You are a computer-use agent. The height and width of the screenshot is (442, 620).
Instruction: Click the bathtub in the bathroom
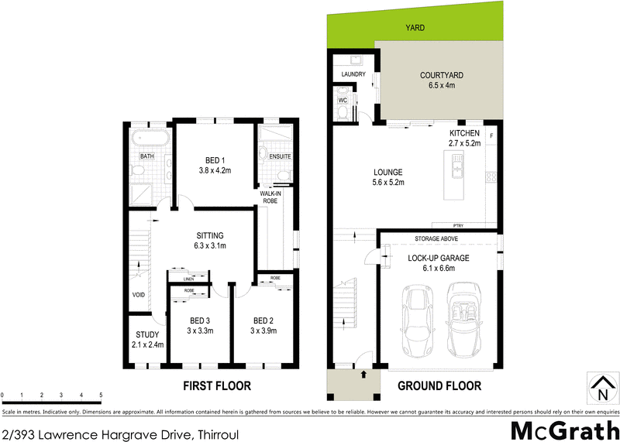coord(148,139)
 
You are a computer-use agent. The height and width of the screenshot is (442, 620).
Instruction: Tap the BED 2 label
coord(263,320)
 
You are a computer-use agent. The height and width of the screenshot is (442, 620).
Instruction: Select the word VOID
coord(139,295)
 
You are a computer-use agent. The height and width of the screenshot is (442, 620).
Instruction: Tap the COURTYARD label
coord(442,75)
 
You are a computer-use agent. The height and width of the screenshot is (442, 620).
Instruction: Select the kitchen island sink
coord(458,163)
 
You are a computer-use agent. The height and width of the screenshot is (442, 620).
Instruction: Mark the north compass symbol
coord(601,386)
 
